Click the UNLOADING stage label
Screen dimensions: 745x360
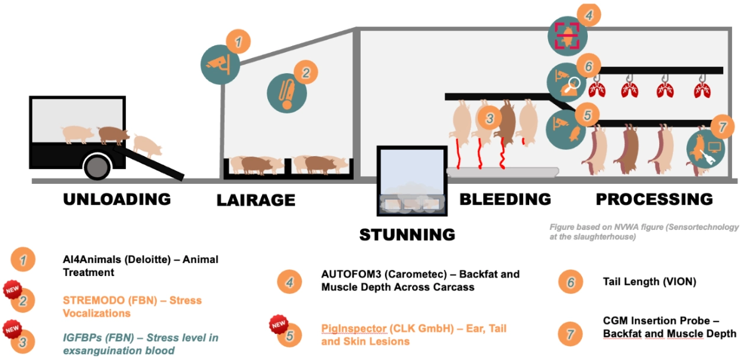116,199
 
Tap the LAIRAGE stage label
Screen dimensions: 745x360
256,200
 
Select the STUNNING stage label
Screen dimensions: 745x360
407,235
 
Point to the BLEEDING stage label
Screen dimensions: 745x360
505,199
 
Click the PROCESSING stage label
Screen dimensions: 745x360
654,199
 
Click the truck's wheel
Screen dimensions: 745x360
97,167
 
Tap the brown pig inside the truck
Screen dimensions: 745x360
114,135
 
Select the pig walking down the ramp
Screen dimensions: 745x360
147,146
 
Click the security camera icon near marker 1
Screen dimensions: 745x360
220,64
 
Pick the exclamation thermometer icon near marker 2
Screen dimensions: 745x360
287,93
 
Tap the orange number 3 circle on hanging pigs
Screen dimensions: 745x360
489,118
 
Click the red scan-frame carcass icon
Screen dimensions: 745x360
568,36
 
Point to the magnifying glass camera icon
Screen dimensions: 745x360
566,82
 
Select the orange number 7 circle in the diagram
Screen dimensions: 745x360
722,127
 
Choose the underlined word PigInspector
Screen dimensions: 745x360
354,329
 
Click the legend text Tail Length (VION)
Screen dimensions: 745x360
650,282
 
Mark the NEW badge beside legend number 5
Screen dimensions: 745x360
278,324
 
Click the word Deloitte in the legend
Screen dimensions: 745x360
147,260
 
